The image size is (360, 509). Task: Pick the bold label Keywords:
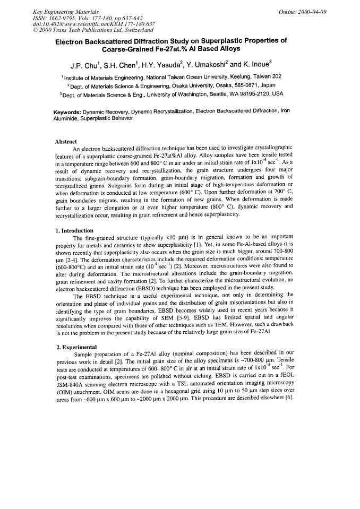71,112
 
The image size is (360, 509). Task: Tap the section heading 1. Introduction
74,231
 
